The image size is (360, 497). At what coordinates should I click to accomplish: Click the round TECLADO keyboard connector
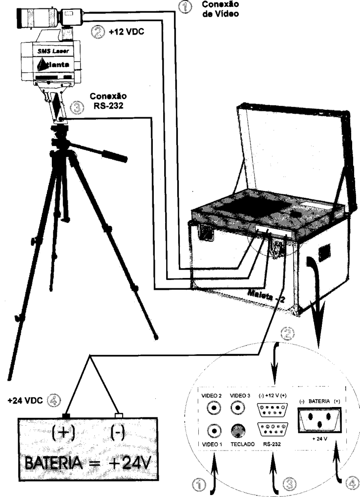238,431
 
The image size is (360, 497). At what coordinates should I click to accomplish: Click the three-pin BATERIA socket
320,420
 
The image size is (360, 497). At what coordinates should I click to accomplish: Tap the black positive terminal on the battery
65,415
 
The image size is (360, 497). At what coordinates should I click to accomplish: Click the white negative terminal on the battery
119,415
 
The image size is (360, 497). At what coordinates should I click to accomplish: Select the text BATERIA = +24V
87,464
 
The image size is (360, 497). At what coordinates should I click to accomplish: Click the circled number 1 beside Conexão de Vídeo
185,7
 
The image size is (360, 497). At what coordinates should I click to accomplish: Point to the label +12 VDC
126,32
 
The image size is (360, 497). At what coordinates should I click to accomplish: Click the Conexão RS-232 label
108,101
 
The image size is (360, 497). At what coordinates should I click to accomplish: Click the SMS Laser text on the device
53,51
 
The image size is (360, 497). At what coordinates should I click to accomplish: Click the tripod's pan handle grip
114,155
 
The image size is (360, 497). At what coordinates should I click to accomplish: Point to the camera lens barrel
39,18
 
